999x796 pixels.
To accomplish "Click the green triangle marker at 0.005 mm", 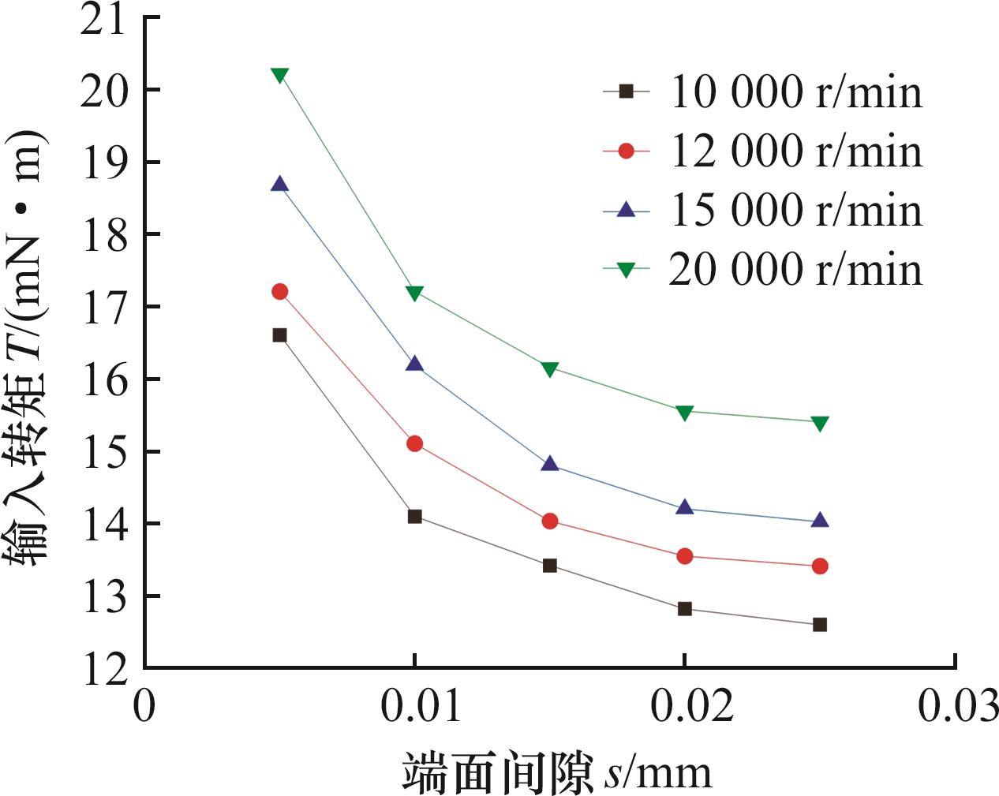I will click(x=279, y=76).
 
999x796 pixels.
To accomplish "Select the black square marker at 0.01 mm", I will click(x=414, y=517).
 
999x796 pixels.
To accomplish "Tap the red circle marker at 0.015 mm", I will click(x=550, y=521).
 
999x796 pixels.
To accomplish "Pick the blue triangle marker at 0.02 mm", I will click(x=685, y=507).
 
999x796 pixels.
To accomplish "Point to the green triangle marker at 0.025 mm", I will click(x=820, y=424).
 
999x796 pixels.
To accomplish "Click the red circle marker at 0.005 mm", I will click(x=279, y=292).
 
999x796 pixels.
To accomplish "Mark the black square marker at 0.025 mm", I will click(x=820, y=625).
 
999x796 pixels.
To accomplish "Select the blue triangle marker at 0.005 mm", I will click(x=279, y=185).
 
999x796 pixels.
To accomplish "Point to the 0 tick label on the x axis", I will click(x=144, y=708).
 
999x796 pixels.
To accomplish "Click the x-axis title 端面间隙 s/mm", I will click(x=557, y=772).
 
